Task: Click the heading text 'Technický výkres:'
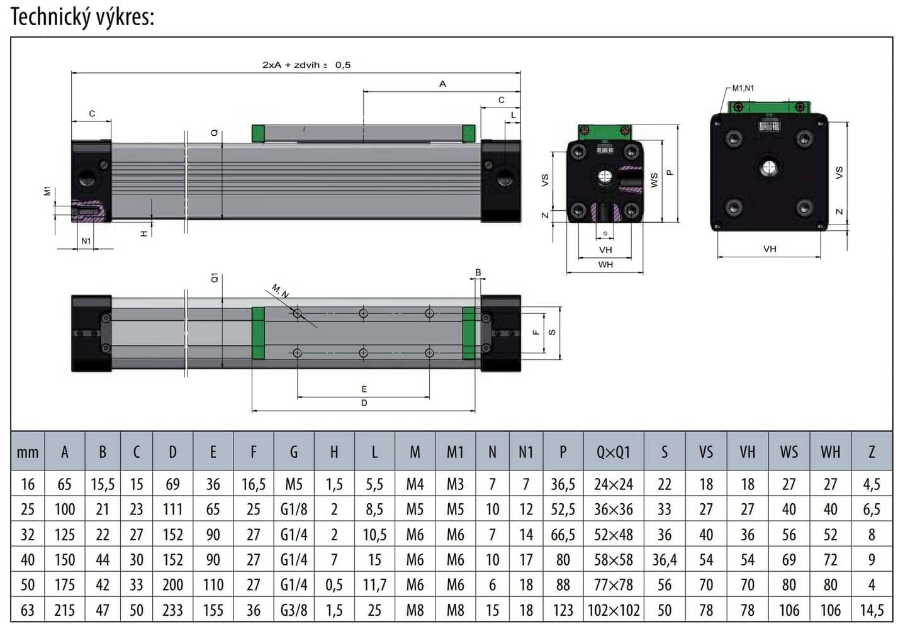point(82,17)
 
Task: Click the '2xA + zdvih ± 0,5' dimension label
point(306,65)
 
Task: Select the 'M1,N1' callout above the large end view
point(743,89)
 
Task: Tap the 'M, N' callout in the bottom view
point(280,291)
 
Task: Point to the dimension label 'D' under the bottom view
point(364,403)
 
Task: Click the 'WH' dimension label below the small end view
point(605,265)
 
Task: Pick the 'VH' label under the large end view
point(770,249)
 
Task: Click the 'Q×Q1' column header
point(613,452)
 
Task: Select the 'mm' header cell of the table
point(28,452)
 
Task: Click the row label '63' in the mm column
point(28,610)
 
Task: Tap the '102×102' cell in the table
point(613,610)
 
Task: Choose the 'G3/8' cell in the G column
point(294,610)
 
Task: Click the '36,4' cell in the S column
point(665,560)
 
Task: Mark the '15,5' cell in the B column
point(103,484)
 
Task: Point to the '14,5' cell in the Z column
point(872,610)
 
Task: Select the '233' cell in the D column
point(172,610)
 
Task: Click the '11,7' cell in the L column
point(374,585)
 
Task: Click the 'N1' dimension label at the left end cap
point(86,241)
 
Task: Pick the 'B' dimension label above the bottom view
point(478,272)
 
